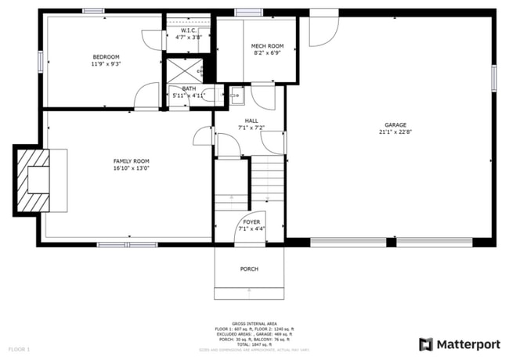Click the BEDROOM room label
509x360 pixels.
click(106, 57)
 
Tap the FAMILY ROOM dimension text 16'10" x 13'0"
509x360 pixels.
click(131, 167)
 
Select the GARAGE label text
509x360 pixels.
click(395, 125)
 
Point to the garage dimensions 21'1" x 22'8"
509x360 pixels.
click(395, 132)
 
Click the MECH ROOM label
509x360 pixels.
click(267, 46)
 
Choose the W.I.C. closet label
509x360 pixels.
click(188, 31)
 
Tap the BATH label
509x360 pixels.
click(189, 88)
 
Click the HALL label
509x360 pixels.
click(251, 120)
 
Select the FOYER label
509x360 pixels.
click(251, 222)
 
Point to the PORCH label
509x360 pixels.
click(249, 269)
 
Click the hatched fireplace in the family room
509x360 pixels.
click(34, 182)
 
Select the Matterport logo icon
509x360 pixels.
click(425, 344)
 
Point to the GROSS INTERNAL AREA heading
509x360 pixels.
click(254, 322)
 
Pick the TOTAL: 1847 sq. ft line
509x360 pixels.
click(254, 344)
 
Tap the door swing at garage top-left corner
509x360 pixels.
click(319, 30)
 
